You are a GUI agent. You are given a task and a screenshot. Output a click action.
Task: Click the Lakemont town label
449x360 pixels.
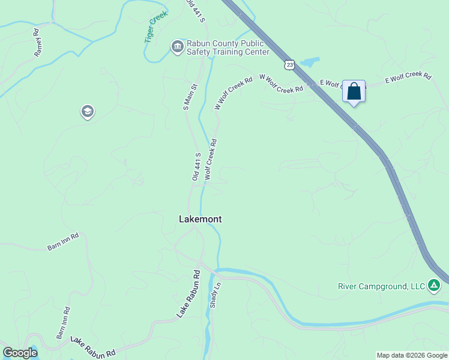(200, 220)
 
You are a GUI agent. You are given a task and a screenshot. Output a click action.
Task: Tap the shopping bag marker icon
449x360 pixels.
(354, 92)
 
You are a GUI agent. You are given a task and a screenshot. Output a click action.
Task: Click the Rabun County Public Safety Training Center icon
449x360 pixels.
(177, 47)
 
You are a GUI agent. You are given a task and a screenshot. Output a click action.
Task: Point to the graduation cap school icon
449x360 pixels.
(88, 112)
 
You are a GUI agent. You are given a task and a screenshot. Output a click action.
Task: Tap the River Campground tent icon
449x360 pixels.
(434, 286)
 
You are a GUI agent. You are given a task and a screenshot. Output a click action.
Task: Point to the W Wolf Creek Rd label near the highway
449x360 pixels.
(280, 83)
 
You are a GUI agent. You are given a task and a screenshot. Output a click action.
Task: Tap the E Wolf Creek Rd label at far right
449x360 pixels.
(408, 77)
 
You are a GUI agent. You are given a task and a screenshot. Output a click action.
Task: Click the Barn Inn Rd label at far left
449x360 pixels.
(63, 242)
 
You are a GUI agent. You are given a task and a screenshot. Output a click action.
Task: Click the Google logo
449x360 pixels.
(20, 353)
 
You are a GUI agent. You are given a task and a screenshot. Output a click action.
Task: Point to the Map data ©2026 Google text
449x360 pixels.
(412, 355)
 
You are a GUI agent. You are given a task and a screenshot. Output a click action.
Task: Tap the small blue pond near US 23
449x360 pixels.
(309, 62)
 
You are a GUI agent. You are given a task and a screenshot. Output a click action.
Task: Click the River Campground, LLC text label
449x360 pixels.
(381, 286)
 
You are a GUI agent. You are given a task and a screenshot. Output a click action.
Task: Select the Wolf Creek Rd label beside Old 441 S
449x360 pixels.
(210, 160)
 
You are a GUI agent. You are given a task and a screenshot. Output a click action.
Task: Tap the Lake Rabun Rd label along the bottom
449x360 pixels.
(92, 346)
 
